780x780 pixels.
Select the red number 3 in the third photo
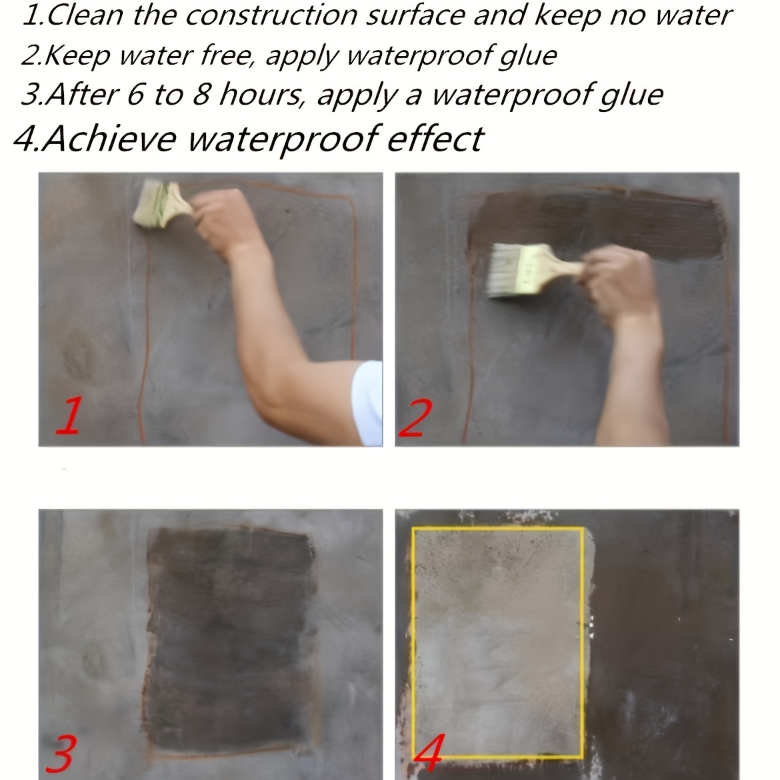(x=61, y=753)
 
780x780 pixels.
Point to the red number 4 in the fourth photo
(x=429, y=753)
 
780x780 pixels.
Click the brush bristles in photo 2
(x=503, y=271)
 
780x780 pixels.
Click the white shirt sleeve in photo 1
(x=368, y=402)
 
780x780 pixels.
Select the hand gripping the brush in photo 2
(x=617, y=281)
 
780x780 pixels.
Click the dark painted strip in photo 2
(x=597, y=224)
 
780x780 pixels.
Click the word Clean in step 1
(x=85, y=15)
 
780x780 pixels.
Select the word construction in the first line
(x=271, y=15)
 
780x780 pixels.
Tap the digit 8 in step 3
(x=201, y=95)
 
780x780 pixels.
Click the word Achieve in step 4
(x=109, y=138)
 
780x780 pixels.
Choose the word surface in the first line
(x=415, y=15)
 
